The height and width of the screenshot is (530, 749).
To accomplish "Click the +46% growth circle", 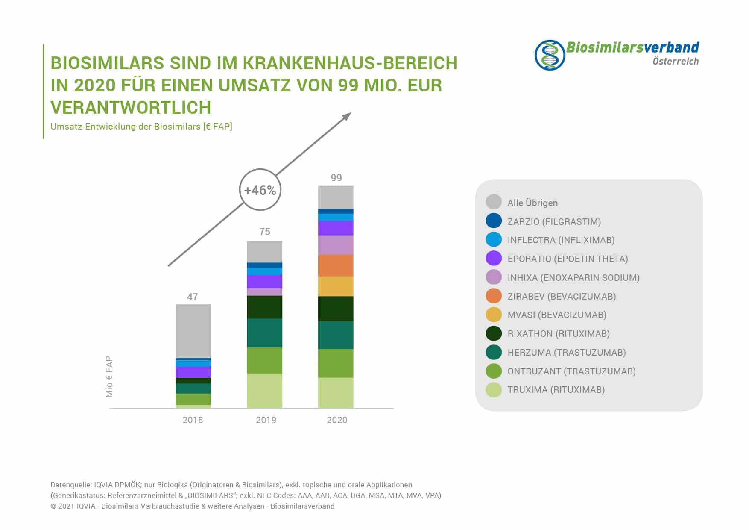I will [260, 190].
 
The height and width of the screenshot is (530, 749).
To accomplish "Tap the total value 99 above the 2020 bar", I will [336, 178].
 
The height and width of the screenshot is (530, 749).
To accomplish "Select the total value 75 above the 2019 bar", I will [265, 232].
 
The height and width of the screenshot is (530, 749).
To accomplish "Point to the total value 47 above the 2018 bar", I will [193, 297].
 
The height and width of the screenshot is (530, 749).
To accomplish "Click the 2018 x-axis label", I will [193, 420].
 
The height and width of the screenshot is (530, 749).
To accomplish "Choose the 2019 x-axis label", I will [266, 420].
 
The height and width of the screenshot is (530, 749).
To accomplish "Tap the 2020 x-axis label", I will [337, 420].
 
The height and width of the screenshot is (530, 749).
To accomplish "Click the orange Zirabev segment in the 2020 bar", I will [336, 265].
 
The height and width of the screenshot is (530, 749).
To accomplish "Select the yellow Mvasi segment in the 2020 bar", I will [336, 286].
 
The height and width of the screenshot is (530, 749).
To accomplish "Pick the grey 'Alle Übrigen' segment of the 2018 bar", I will [193, 331].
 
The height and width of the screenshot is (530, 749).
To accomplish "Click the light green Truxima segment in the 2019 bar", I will [264, 391].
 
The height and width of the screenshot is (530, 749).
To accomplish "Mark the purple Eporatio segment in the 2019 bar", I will [264, 281].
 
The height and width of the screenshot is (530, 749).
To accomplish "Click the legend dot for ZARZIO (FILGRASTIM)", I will [494, 221].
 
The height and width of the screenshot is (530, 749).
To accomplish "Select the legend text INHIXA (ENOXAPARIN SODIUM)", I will [573, 278].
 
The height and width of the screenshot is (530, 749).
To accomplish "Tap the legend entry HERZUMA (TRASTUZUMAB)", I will [566, 353].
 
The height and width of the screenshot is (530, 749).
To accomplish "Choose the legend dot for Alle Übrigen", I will [494, 202].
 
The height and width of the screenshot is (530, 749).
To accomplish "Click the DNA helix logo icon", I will [550, 55].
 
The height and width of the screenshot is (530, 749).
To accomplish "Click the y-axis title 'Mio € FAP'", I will [109, 377].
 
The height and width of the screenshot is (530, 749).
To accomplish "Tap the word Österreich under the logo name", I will [676, 61].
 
